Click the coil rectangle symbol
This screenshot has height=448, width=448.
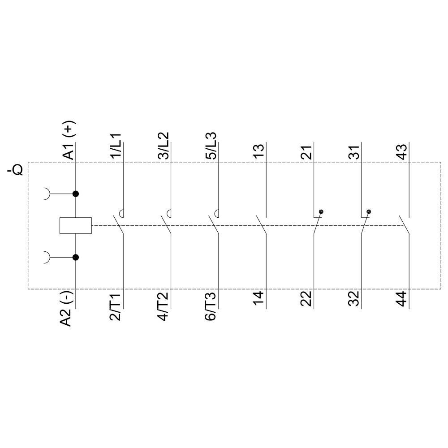(x=75, y=225)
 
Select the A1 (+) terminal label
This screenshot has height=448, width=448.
(x=68, y=141)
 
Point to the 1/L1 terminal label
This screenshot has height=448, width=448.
(x=116, y=146)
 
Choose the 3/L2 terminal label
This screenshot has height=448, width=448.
(x=164, y=146)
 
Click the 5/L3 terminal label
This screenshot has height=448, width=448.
(x=211, y=146)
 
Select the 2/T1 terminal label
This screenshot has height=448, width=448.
(x=116, y=306)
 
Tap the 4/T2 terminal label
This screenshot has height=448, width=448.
(x=164, y=306)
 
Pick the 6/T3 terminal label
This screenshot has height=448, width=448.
(x=211, y=306)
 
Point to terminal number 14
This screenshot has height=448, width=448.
(x=259, y=299)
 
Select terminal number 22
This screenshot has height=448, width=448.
(x=306, y=299)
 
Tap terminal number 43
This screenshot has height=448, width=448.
(x=402, y=151)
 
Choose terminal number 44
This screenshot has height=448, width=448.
(x=402, y=299)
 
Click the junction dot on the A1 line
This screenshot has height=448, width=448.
(x=76, y=194)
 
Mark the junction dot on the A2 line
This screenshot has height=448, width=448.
(x=76, y=257)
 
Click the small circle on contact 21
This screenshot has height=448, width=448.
(x=321, y=211)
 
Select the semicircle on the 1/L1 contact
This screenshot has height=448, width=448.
(x=121, y=213)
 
